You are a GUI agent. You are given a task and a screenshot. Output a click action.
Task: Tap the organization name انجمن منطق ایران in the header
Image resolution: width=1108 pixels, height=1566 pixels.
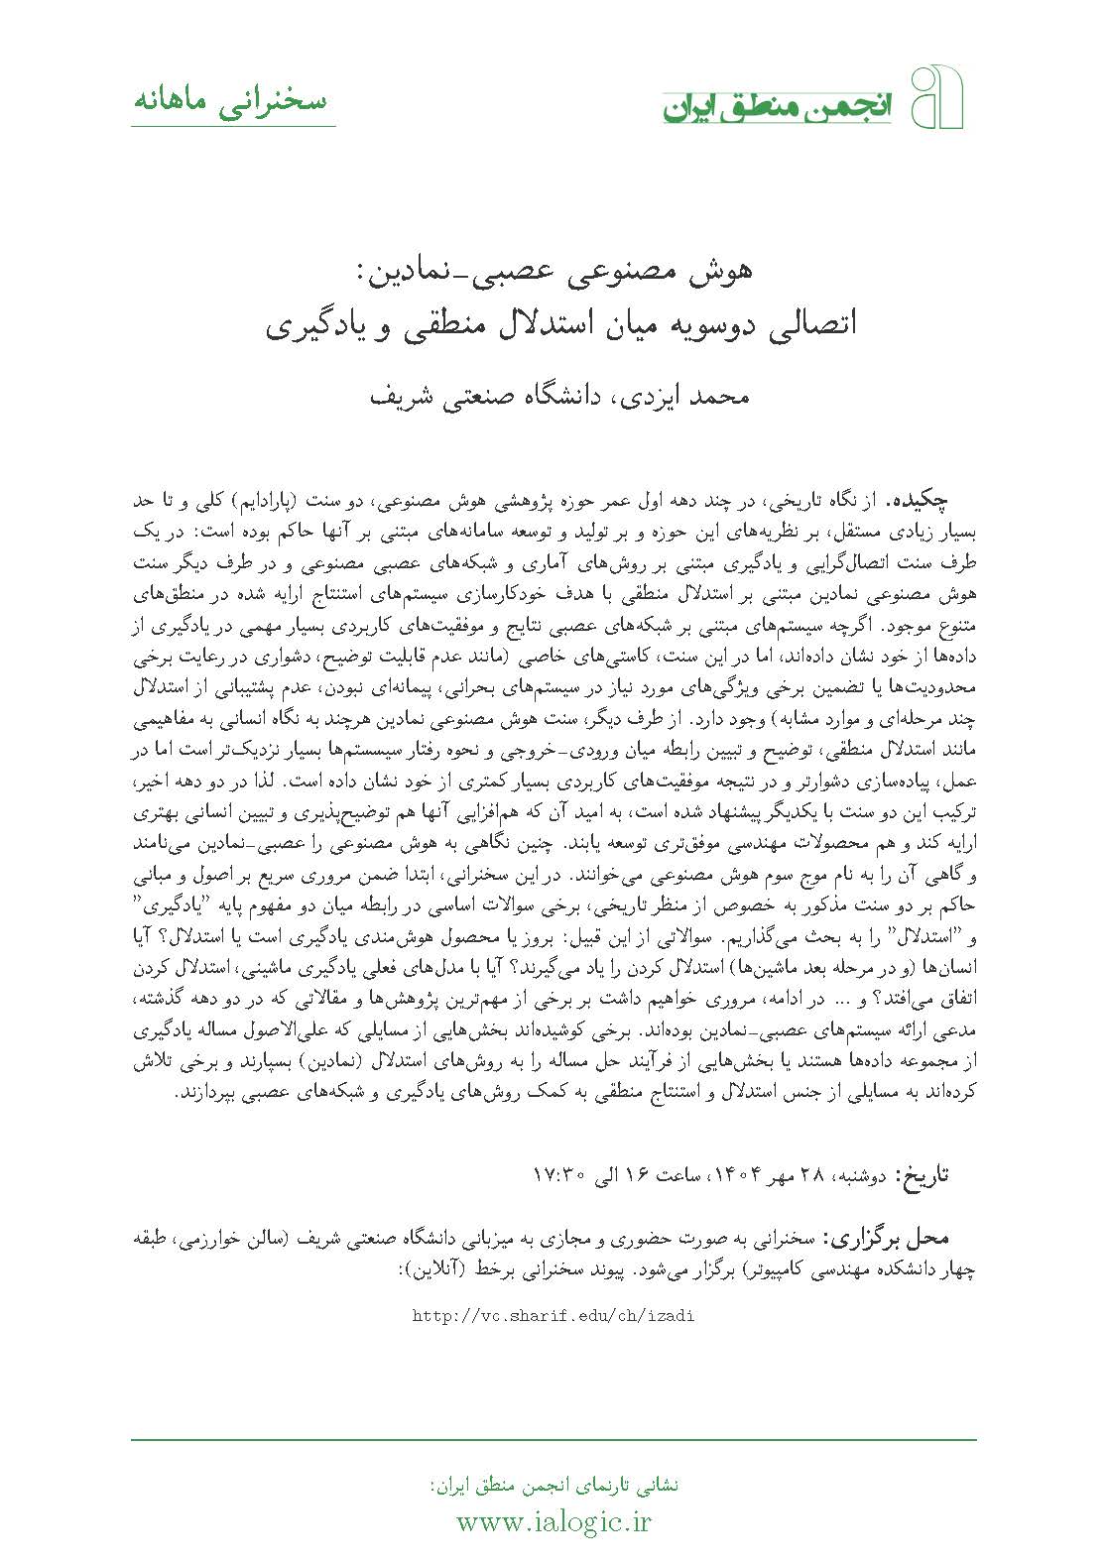[781, 107]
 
